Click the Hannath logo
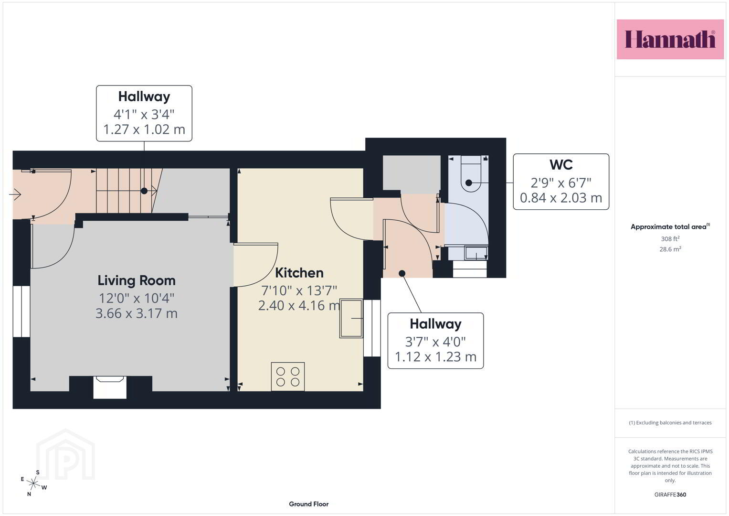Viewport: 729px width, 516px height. tap(670, 39)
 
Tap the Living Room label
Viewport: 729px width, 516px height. tap(137, 281)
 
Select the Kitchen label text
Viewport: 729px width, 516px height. tap(299, 273)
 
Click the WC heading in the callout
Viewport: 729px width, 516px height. tap(561, 165)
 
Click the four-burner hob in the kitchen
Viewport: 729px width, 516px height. tap(288, 376)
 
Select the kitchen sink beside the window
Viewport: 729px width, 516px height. tap(351, 318)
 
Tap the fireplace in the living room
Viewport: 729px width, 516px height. tap(110, 387)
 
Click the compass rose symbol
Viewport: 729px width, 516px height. tap(33, 483)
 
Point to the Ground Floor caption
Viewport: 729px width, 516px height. tap(308, 504)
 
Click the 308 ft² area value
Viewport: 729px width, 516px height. tap(670, 238)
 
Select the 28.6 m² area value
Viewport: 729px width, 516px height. tap(670, 249)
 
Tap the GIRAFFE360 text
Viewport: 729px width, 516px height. tap(670, 494)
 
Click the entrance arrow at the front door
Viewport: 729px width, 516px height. tap(15, 195)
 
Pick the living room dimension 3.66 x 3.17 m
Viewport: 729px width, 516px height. tap(137, 313)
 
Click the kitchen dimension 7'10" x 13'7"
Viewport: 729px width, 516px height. tap(299, 290)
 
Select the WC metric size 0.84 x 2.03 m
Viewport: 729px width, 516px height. tap(561, 198)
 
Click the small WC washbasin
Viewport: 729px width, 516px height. tap(476, 253)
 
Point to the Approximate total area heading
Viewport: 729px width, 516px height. tap(670, 226)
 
